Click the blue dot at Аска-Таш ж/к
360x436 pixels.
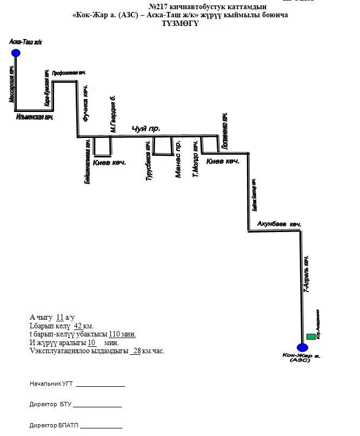[16, 52]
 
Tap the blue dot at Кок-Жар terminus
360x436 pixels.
[302, 347]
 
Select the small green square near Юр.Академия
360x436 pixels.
[311, 337]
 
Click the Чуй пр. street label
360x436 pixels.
[143, 129]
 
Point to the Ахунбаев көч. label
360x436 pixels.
[279, 223]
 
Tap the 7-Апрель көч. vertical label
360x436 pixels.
[307, 274]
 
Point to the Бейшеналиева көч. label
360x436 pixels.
[88, 162]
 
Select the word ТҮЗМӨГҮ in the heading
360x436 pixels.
[180, 23]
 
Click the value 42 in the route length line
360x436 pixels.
[77, 326]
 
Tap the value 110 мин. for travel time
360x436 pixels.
[123, 334]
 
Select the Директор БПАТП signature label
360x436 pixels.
[54, 426]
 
